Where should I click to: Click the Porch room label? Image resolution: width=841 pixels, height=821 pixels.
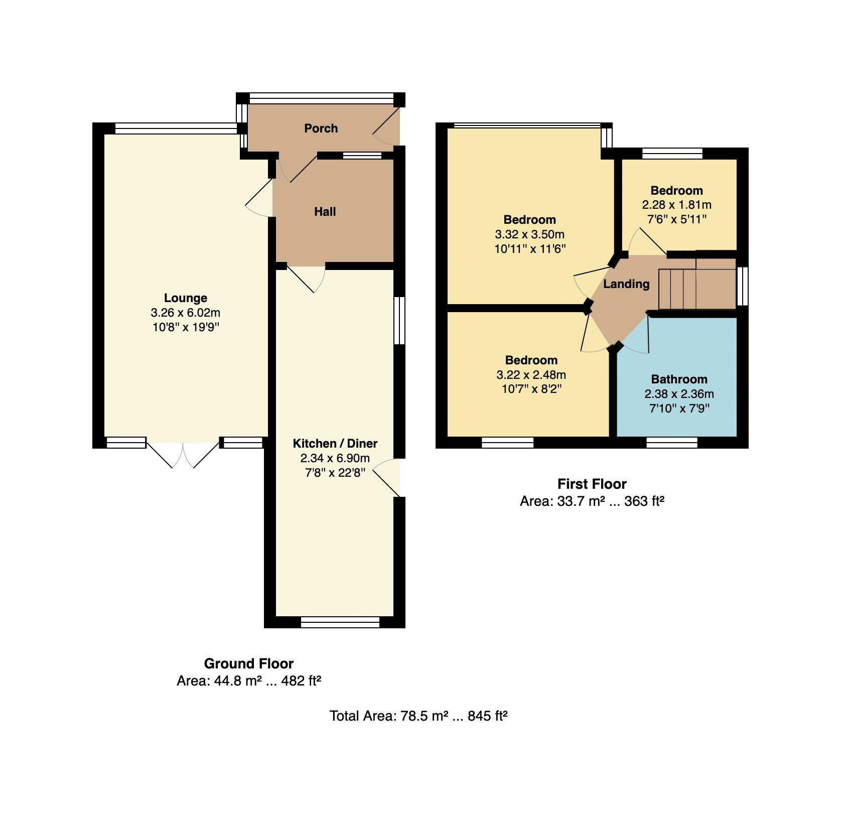click(x=321, y=128)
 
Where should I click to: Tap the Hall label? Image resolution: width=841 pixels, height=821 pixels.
click(x=325, y=212)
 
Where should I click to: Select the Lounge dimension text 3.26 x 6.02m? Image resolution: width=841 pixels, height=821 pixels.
click(x=185, y=313)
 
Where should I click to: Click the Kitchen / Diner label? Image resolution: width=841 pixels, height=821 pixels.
click(x=335, y=444)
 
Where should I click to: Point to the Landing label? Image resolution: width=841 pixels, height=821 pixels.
click(x=626, y=284)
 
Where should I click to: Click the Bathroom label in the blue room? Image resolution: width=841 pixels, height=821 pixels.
click(x=679, y=379)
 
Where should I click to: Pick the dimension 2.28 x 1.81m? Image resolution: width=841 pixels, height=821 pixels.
click(x=676, y=205)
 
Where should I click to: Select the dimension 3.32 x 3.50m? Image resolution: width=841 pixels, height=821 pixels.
click(x=529, y=234)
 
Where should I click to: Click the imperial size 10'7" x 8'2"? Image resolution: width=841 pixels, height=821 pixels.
click(x=531, y=389)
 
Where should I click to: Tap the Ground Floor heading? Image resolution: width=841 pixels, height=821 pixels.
click(x=248, y=663)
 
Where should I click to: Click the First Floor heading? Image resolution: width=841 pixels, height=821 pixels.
click(x=592, y=484)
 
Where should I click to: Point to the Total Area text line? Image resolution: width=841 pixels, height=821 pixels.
click(x=418, y=716)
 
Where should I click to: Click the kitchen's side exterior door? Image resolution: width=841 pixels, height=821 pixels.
click(x=389, y=477)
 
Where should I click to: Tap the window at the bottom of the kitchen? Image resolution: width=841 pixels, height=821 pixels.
click(x=340, y=623)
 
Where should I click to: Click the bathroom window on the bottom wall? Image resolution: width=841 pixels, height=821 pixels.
click(x=671, y=443)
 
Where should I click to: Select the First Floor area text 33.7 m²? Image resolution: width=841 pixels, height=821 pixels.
click(x=580, y=501)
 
